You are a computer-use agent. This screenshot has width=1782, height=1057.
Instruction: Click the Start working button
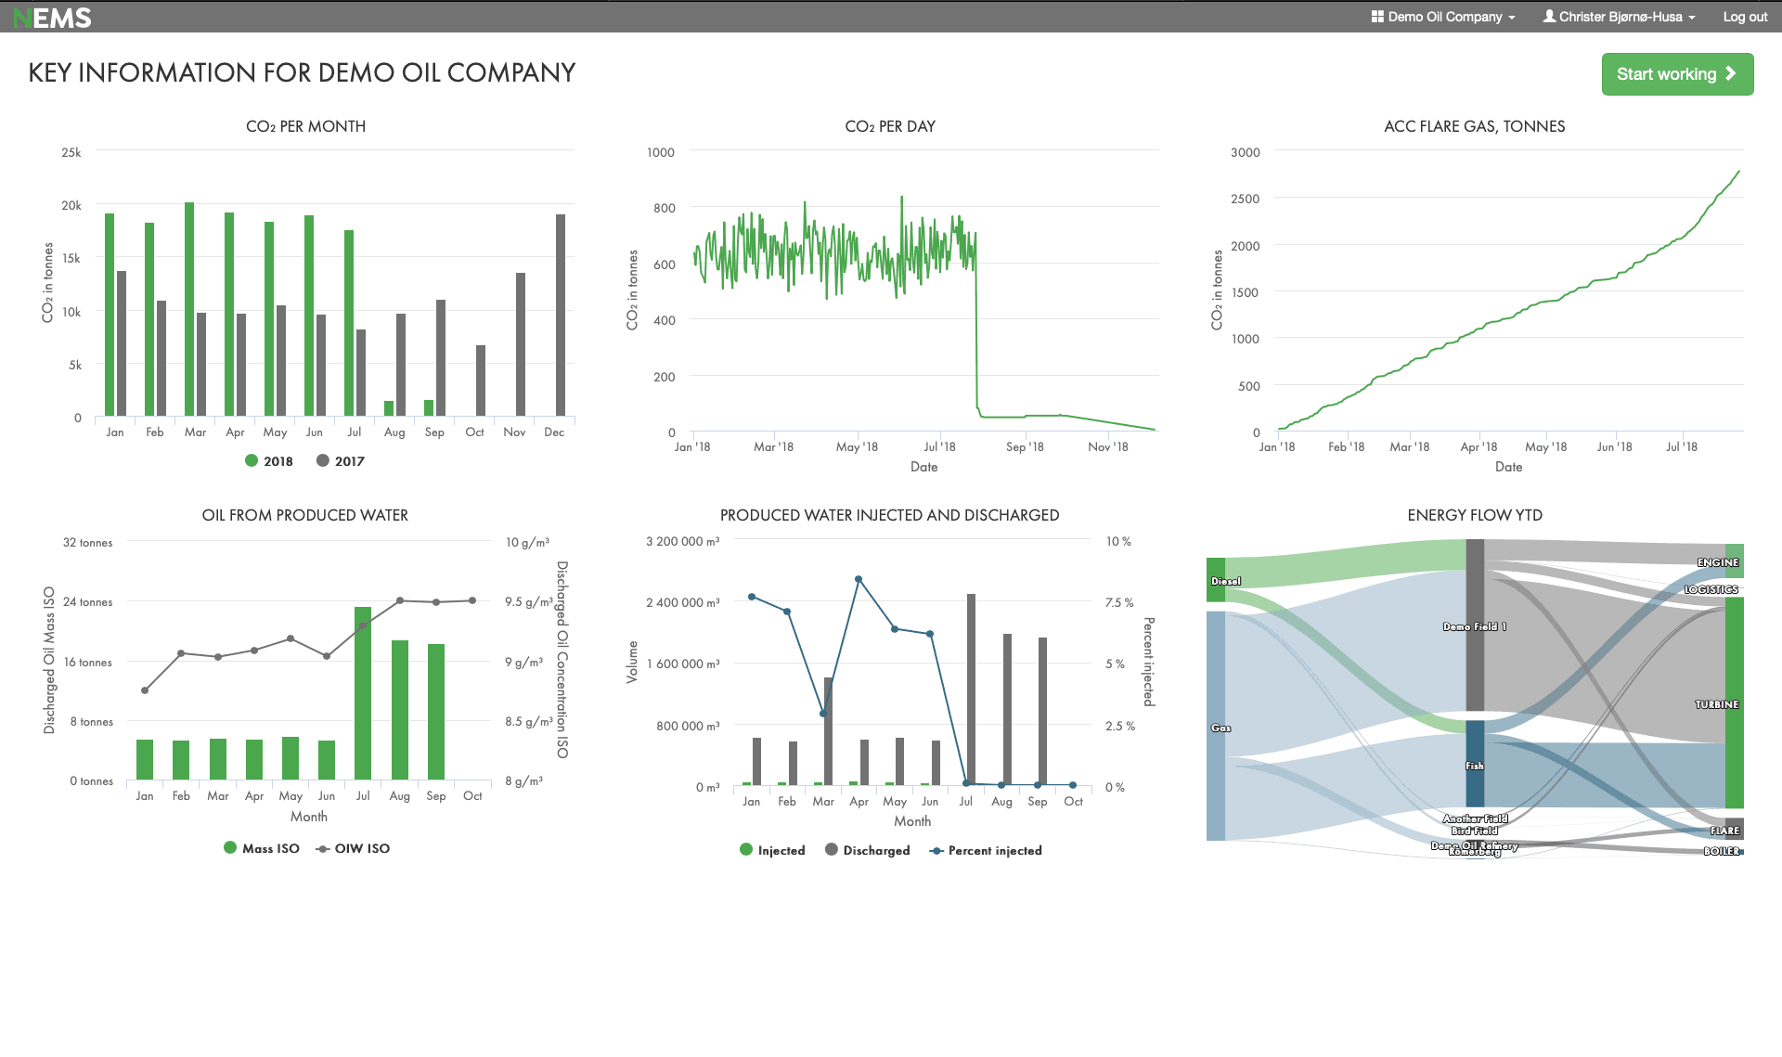(1676, 74)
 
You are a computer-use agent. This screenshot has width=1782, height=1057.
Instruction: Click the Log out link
(1744, 17)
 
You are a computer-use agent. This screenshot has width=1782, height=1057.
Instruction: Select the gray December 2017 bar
(561, 315)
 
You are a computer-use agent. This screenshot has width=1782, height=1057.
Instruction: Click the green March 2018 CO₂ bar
(189, 308)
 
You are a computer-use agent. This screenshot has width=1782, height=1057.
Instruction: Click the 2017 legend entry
(341, 461)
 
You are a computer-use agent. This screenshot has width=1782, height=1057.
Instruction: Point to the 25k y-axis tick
(71, 152)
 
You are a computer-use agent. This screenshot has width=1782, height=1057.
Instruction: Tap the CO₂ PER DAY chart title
(889, 126)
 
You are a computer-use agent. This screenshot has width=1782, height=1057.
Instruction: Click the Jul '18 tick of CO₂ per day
(939, 446)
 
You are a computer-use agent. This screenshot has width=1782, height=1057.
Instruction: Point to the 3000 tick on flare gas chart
(1245, 152)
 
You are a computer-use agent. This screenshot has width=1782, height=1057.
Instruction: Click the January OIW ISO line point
(145, 690)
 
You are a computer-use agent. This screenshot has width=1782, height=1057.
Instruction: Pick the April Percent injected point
(859, 579)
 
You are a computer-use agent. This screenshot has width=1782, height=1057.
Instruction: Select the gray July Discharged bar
(971, 690)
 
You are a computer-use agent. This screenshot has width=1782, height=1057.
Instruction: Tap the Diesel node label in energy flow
(1225, 581)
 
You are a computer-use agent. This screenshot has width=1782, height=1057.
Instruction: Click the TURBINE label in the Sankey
(1716, 704)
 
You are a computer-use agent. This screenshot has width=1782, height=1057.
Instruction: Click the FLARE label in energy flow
(1724, 831)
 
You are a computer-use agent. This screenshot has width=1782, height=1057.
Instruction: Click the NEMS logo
(53, 18)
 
